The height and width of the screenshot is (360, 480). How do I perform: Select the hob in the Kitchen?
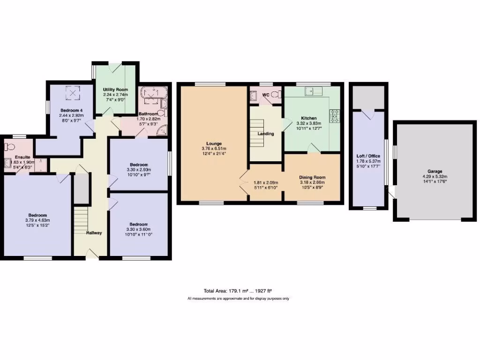(x=336, y=115)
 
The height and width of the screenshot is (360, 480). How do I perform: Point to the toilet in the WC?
(x=274, y=95)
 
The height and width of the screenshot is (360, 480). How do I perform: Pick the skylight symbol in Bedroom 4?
(x=72, y=93)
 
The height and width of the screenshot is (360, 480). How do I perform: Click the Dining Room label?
(x=312, y=178)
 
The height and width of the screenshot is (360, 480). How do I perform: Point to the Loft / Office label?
(x=368, y=156)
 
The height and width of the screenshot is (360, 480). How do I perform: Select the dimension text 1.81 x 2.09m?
(x=266, y=183)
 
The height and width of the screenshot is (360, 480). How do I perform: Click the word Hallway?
(x=94, y=233)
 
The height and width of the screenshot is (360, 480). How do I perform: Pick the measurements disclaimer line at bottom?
(x=238, y=299)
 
